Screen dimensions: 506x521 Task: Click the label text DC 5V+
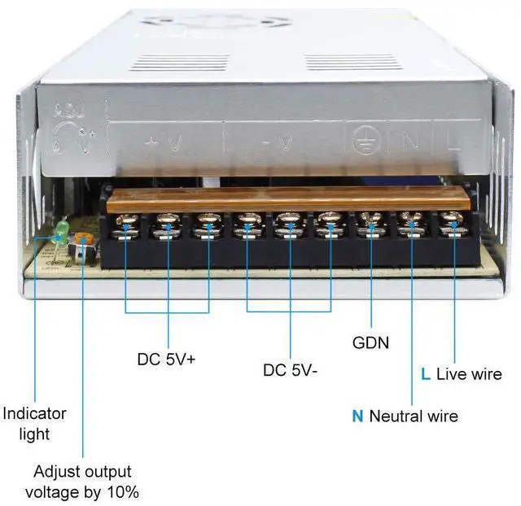[166, 358]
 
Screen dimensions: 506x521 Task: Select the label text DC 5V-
[290, 369]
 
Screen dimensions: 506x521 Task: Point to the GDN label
[370, 342]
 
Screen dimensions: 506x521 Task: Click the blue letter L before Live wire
[425, 374]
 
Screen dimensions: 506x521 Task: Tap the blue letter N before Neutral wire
[357, 417]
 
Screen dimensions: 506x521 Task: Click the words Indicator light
[34, 423]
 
